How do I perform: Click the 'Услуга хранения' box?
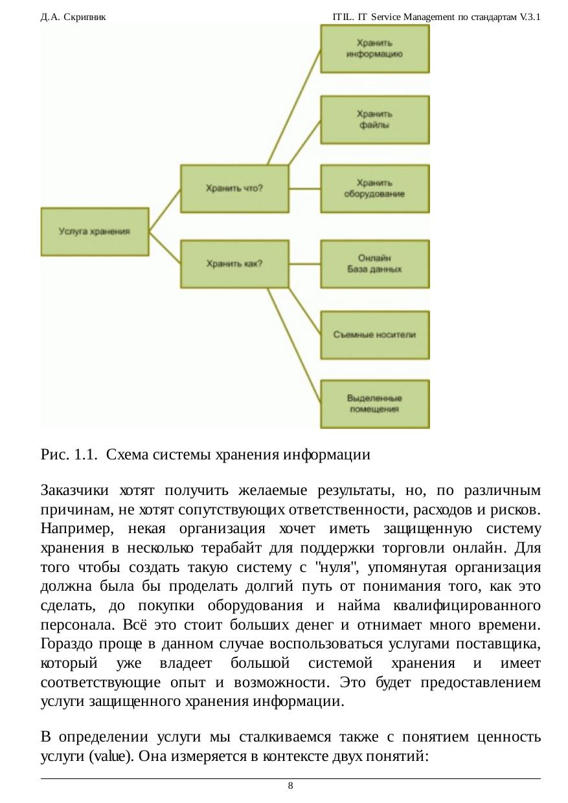[x=95, y=231]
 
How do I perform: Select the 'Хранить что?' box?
[x=234, y=188]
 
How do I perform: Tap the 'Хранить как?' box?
[x=234, y=264]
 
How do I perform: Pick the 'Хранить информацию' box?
[x=374, y=49]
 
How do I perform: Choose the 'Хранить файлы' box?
[x=374, y=120]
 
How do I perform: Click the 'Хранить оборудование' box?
[x=374, y=188]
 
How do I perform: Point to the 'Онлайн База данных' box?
[x=374, y=264]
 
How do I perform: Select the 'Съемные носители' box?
[x=374, y=335]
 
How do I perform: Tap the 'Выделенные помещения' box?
[x=374, y=404]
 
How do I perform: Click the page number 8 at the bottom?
[x=290, y=786]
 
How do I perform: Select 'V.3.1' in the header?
[x=530, y=15]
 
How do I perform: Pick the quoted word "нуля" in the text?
[x=329, y=567]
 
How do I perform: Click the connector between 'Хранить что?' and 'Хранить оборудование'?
[x=304, y=188]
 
